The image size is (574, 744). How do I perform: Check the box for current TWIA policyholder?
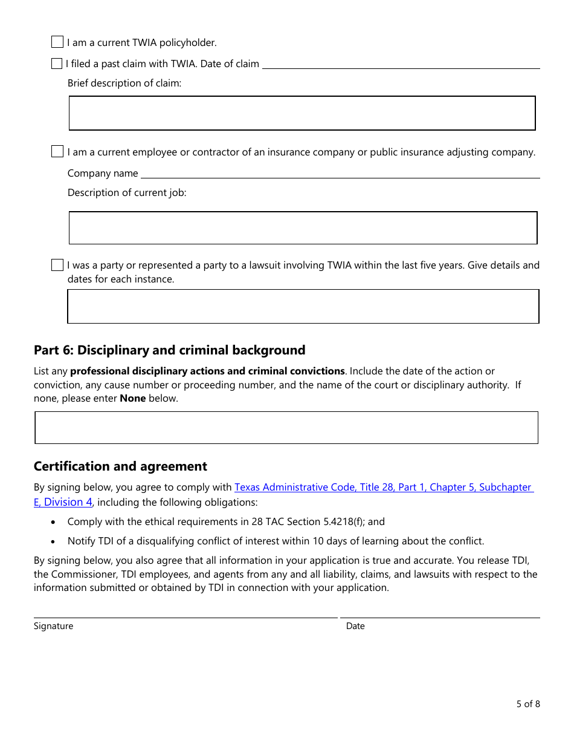[x=57, y=42]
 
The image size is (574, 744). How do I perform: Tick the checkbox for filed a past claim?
[x=57, y=64]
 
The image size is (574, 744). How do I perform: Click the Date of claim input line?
[x=400, y=64]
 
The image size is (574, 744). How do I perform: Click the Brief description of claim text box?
[x=302, y=113]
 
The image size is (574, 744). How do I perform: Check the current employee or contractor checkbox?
[x=57, y=152]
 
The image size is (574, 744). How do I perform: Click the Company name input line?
[x=340, y=173]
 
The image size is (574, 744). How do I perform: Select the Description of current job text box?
[x=303, y=228]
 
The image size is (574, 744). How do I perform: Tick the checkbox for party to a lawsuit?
[x=57, y=265]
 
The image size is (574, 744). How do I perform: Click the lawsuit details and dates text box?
[x=303, y=307]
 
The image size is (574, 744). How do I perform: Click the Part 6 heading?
[x=170, y=350]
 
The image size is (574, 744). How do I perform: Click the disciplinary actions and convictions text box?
[x=286, y=428]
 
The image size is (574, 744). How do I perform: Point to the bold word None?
[x=132, y=399]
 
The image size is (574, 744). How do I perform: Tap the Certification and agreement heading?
[x=120, y=466]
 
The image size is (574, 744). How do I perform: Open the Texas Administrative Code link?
[x=382, y=487]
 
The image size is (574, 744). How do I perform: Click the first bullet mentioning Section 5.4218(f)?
[x=226, y=521]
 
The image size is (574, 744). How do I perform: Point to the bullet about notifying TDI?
[x=276, y=541]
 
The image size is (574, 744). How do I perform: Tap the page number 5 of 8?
[x=527, y=703]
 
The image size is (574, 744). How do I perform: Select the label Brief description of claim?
[x=124, y=83]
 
